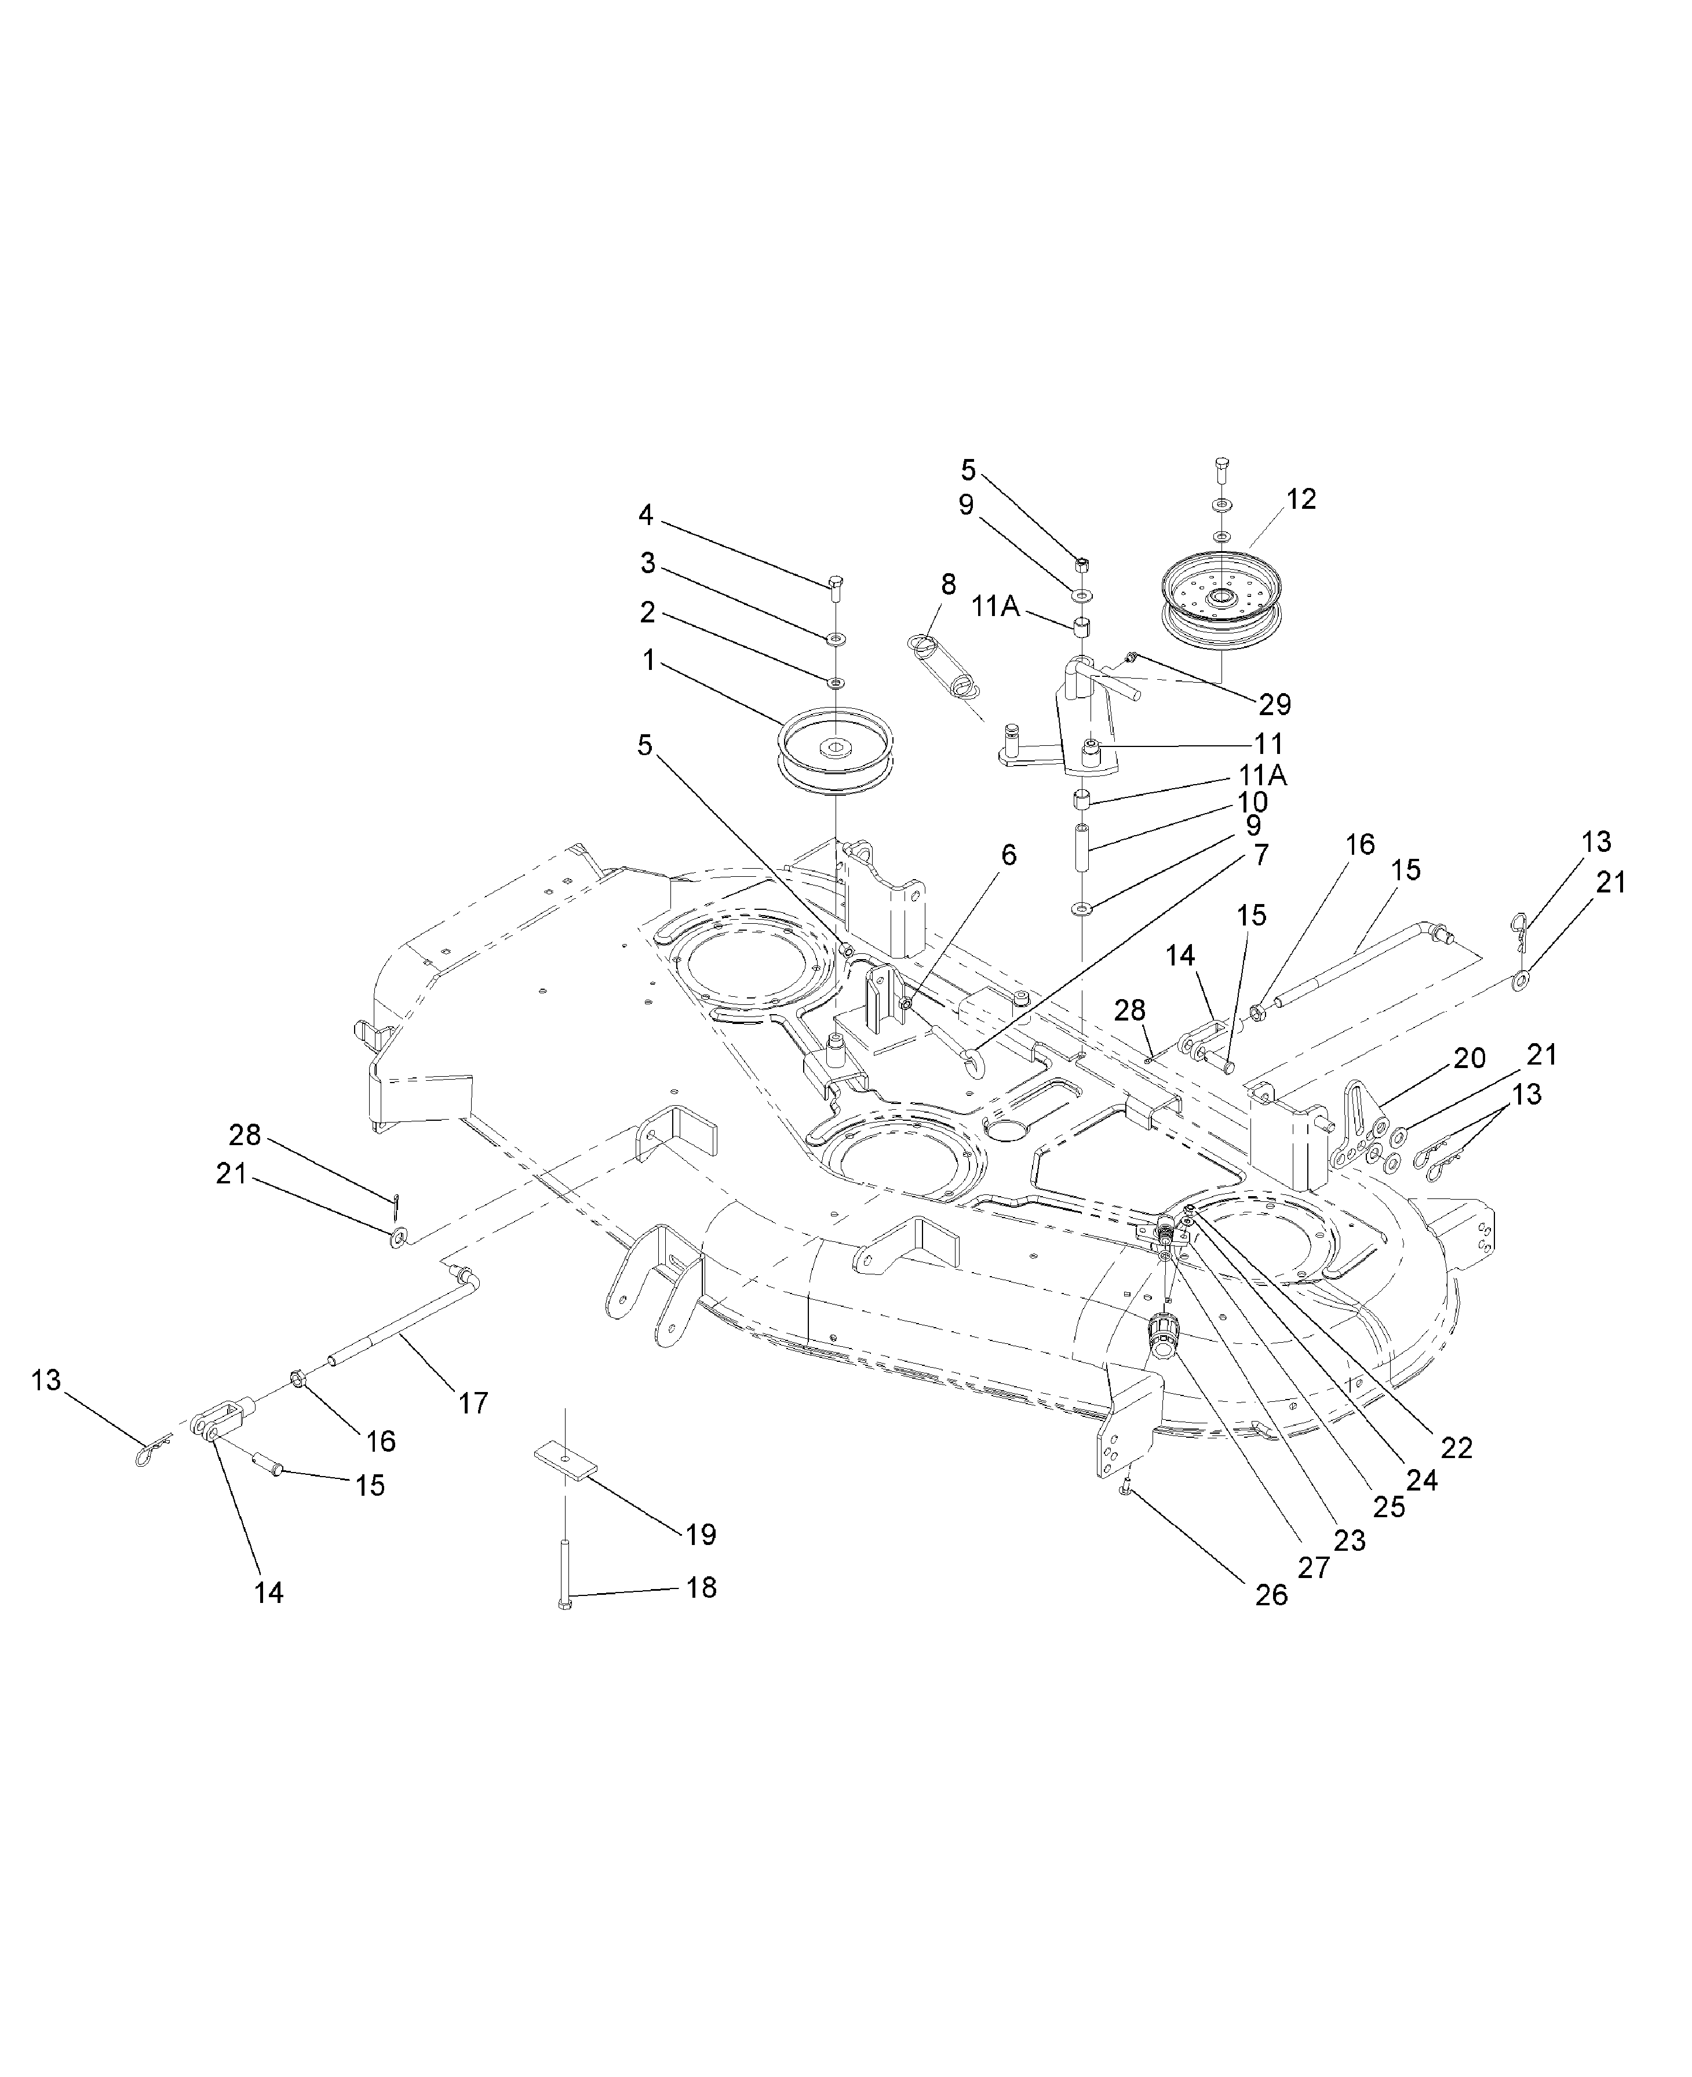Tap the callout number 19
(x=701, y=1535)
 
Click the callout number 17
(x=473, y=1404)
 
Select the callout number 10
(x=1252, y=802)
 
